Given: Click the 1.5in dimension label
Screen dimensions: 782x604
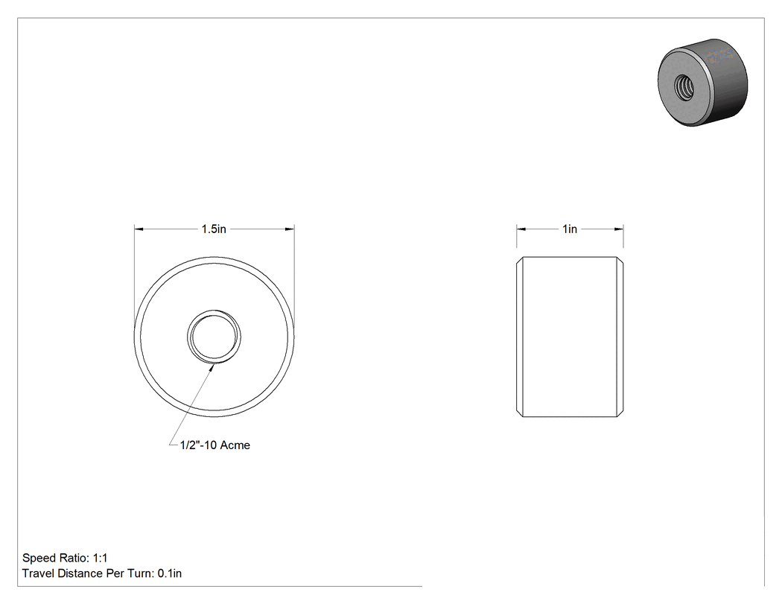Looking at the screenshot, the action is pyautogui.click(x=214, y=229).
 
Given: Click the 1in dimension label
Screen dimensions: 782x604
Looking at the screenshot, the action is pyautogui.click(x=570, y=229).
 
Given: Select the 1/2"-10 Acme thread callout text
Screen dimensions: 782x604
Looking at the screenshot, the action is pyautogui.click(x=215, y=445).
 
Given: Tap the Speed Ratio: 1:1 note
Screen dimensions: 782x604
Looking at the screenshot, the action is pyautogui.click(x=65, y=558).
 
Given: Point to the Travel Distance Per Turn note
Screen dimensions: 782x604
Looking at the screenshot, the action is pyautogui.click(x=102, y=573).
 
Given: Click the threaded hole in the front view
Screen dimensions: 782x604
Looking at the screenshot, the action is pyautogui.click(x=214, y=336).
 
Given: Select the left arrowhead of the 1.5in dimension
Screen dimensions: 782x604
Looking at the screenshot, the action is pyautogui.click(x=139, y=229).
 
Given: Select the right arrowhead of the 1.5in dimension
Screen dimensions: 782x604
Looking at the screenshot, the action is pyautogui.click(x=289, y=229).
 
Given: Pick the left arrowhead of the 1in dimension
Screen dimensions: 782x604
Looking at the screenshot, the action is pyautogui.click(x=521, y=229).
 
